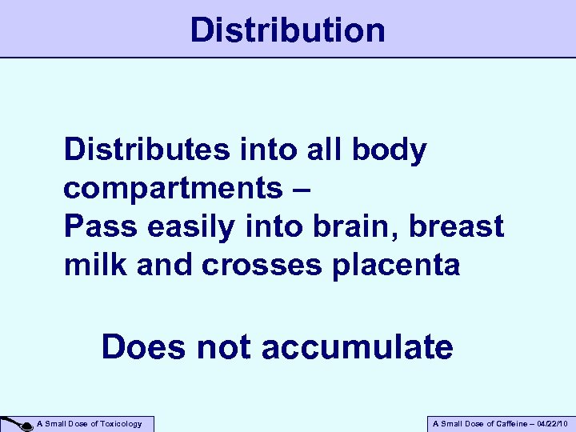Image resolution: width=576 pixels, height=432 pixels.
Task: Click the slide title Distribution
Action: (288, 30)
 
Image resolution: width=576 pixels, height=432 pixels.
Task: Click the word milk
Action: (95, 266)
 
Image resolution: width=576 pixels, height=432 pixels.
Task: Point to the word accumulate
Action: (357, 347)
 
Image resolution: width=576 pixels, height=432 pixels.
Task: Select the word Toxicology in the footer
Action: (120, 424)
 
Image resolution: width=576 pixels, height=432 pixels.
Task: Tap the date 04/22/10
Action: (553, 424)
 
